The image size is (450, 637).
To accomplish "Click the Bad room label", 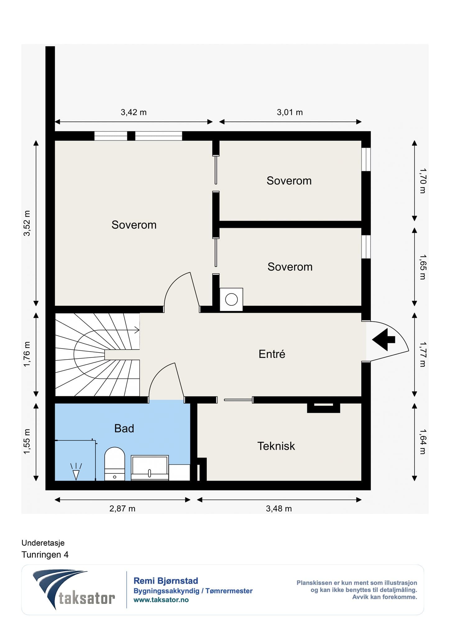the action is (x=124, y=428).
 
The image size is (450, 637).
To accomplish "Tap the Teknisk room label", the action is (x=276, y=446).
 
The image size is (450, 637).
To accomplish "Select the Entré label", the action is (x=272, y=354).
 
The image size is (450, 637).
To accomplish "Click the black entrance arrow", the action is (x=383, y=339).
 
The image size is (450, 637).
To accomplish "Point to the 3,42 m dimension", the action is (x=134, y=112).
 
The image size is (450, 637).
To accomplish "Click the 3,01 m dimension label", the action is (x=290, y=112).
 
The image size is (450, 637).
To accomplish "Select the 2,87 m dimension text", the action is (x=122, y=509).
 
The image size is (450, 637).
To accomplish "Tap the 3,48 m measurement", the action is (x=279, y=509).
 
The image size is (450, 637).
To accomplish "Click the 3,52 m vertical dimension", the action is (x=27, y=223).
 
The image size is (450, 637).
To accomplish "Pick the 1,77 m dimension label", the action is (x=423, y=354).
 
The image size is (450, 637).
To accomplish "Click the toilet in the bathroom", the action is (x=115, y=464).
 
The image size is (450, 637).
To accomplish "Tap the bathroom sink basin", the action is (x=150, y=468).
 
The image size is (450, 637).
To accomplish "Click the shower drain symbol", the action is (x=76, y=472).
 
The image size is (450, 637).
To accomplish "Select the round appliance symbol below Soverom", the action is (x=231, y=300).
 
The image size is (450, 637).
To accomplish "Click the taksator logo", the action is (x=74, y=589).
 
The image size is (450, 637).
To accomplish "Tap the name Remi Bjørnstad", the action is (x=166, y=581).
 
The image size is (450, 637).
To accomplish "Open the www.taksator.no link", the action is (x=161, y=600).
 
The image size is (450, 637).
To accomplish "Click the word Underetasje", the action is (x=43, y=543).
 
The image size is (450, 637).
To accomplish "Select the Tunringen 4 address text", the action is (x=45, y=555).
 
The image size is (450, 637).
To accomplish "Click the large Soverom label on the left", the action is (x=134, y=225).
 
